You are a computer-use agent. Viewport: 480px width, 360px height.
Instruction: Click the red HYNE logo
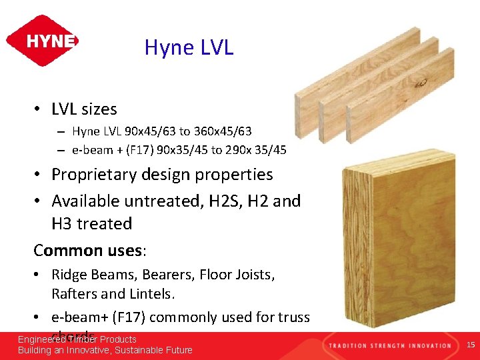[x=42, y=41]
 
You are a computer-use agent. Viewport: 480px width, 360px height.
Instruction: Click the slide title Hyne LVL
[x=189, y=47]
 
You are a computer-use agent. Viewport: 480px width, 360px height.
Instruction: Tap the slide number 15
[x=471, y=345]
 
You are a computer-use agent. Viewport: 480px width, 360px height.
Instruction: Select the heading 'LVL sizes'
[x=84, y=109]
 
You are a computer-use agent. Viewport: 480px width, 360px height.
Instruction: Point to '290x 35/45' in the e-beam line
[x=258, y=150]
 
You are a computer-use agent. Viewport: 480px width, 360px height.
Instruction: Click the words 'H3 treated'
[x=92, y=224]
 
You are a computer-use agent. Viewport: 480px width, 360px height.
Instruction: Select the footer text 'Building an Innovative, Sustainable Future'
[x=105, y=350]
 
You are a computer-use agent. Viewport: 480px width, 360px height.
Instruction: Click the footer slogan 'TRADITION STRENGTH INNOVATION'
[x=389, y=345]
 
